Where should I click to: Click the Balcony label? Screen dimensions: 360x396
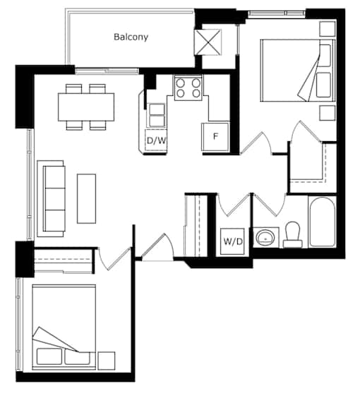[x=131, y=37]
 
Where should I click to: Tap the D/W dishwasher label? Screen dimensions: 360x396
[x=157, y=140]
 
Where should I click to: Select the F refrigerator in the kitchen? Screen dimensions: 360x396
[x=215, y=137]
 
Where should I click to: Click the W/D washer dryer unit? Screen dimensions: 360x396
[x=232, y=241]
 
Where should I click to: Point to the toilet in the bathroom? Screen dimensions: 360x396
[x=293, y=234]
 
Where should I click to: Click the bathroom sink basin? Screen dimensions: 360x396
[x=265, y=238]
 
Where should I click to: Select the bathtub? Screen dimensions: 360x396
[x=322, y=222]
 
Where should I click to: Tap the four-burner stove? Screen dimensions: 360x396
[x=188, y=88]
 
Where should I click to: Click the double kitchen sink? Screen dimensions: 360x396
[x=157, y=115]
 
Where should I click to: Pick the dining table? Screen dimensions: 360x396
[x=86, y=107]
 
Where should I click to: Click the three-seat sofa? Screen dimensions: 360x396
[x=51, y=198]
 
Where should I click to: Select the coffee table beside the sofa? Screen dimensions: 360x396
[x=86, y=198]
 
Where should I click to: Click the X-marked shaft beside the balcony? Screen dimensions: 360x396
[x=209, y=42]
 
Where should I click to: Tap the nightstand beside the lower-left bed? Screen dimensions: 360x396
[x=107, y=361]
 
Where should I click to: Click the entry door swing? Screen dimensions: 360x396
[x=157, y=247]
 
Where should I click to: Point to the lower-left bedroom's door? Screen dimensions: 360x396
[x=115, y=259]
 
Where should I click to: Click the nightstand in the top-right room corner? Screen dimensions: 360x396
[x=328, y=29]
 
